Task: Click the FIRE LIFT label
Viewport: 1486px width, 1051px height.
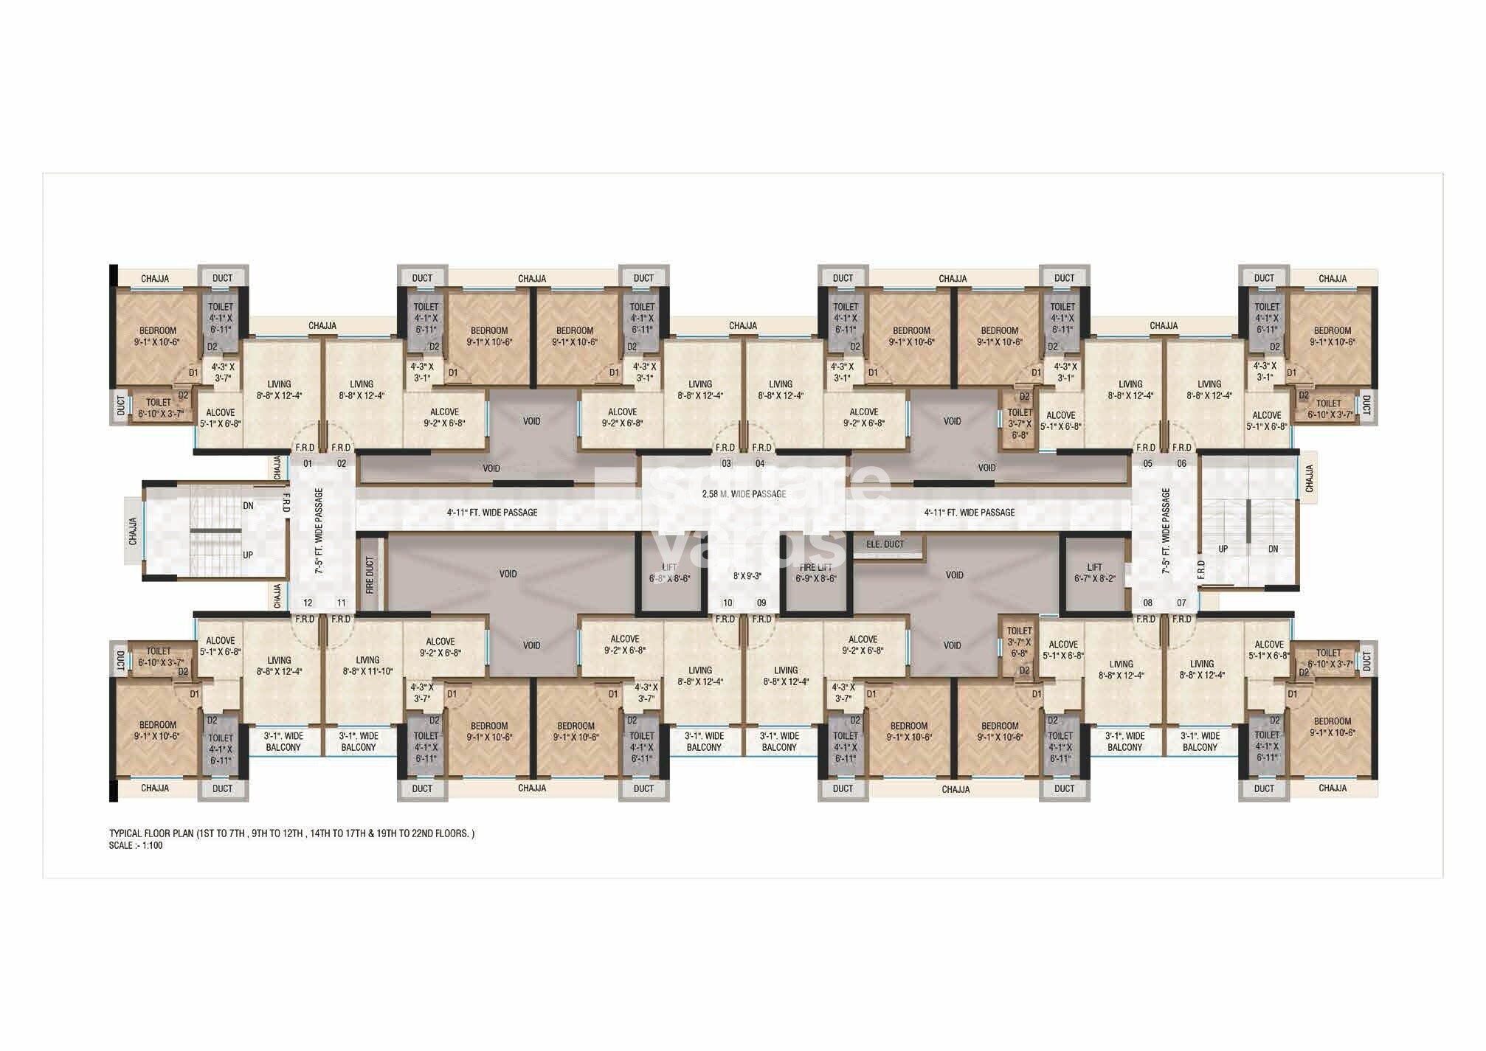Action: (x=816, y=567)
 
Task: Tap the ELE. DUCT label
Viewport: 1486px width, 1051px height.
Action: (x=885, y=544)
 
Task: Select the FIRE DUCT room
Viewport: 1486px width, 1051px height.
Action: (x=370, y=575)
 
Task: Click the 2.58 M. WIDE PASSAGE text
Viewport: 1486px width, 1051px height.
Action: (x=744, y=493)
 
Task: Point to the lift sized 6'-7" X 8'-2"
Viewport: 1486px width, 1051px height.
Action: (x=1094, y=574)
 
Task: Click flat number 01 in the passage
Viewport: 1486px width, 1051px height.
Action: (x=308, y=464)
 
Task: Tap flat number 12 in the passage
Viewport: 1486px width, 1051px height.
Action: (x=308, y=603)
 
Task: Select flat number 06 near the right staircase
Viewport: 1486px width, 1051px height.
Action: (x=1181, y=464)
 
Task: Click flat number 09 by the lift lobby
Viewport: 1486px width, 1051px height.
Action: (x=761, y=603)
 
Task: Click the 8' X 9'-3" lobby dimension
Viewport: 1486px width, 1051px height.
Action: (x=747, y=576)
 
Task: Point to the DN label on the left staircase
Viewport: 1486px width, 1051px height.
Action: (x=248, y=506)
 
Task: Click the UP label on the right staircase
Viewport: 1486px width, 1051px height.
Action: (x=1223, y=549)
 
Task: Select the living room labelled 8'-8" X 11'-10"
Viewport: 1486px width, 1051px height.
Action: (x=367, y=666)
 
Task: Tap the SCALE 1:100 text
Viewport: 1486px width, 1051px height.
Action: (x=136, y=845)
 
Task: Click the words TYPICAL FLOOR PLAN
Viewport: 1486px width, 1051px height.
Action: (x=151, y=833)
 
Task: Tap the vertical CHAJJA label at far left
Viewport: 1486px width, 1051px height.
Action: (x=133, y=531)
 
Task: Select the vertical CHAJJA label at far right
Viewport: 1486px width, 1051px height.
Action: (x=1309, y=478)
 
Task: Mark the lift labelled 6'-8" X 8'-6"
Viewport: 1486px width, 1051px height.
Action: (x=669, y=574)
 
